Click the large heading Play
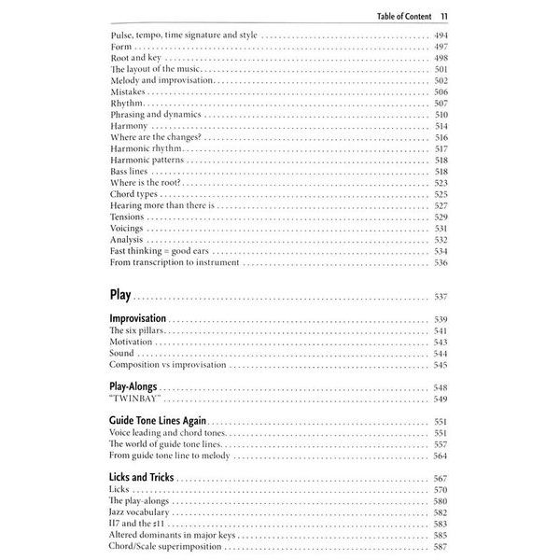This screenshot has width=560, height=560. [x=123, y=296]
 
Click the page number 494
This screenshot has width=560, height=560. [x=441, y=35]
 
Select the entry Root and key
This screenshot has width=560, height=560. [x=136, y=58]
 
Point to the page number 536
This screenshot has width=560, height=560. [x=441, y=262]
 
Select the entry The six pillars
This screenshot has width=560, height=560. [x=138, y=331]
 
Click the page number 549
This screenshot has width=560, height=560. [x=441, y=399]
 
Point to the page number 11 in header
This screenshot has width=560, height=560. [x=445, y=14]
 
